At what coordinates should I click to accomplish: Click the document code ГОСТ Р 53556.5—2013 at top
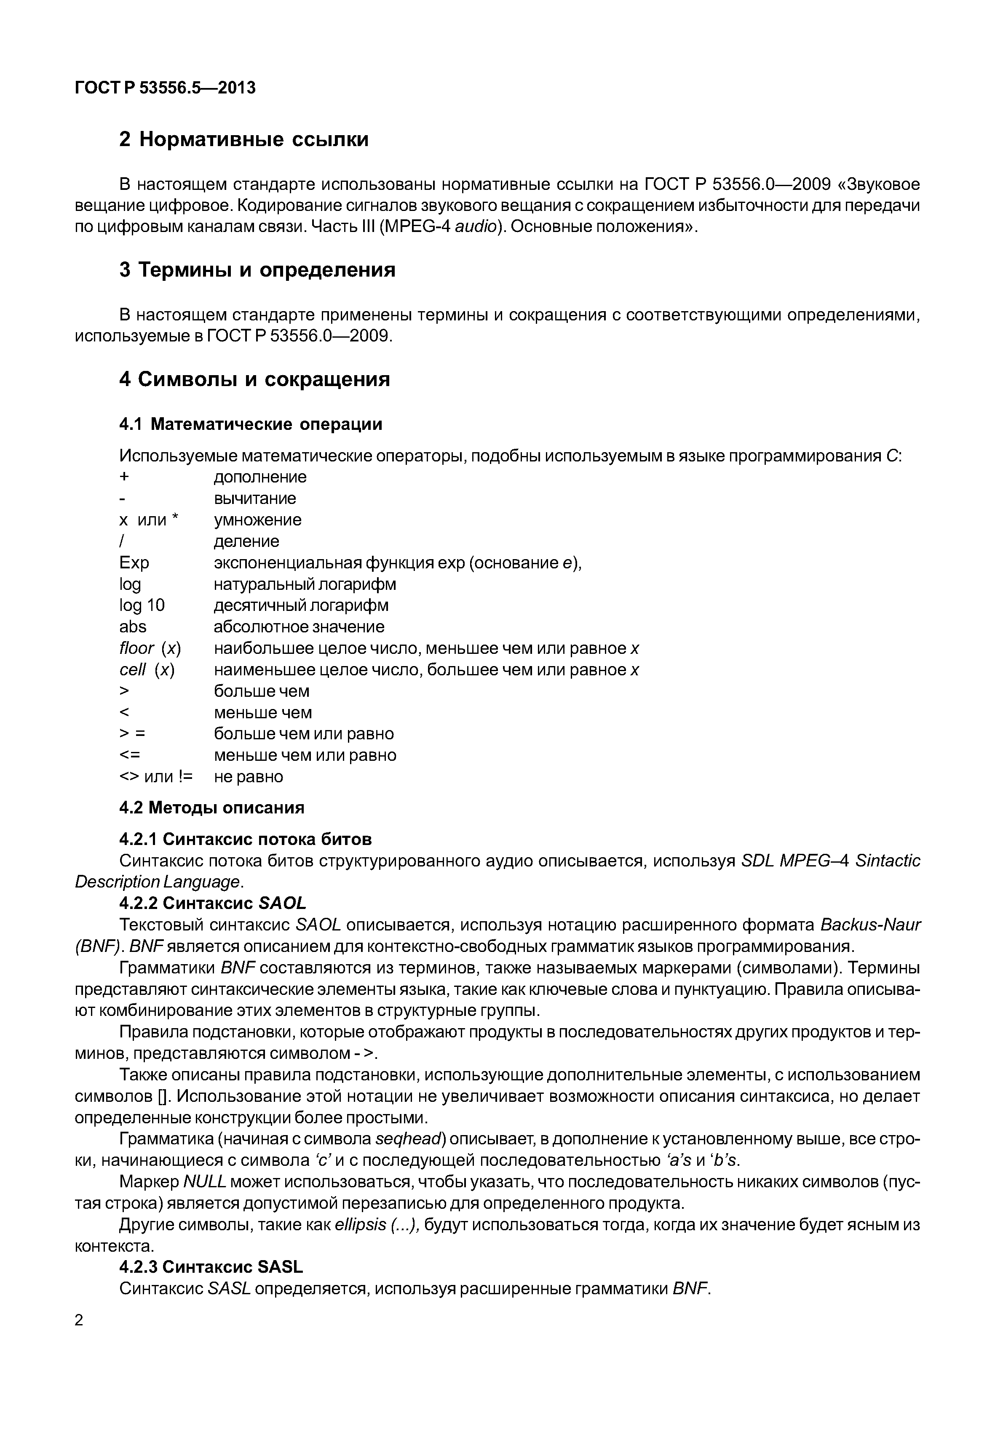[x=165, y=88]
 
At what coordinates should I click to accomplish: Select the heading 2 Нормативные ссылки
[x=244, y=139]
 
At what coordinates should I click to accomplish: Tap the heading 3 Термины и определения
[x=257, y=270]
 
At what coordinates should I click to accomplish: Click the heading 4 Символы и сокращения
[x=254, y=379]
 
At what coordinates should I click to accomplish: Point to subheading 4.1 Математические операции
[x=251, y=424]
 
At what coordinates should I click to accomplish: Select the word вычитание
[x=255, y=498]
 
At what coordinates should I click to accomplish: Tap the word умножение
[x=257, y=520]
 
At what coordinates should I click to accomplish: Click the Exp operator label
[x=134, y=563]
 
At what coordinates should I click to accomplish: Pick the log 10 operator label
[x=142, y=605]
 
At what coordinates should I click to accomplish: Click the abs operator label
[x=133, y=626]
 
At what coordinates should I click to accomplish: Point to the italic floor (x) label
[x=150, y=648]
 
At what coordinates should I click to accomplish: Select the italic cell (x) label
[x=147, y=669]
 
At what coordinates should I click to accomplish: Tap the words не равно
[x=248, y=776]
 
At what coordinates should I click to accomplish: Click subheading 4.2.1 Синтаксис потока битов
[x=245, y=839]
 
